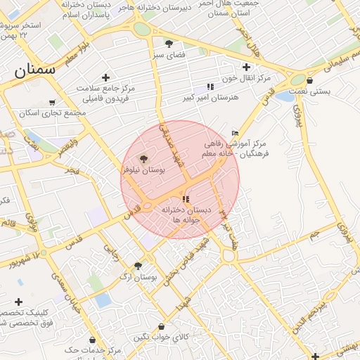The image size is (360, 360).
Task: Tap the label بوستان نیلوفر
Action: pyautogui.click(x=143, y=170)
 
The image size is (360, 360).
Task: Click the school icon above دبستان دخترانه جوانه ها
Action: pyautogui.click(x=186, y=199)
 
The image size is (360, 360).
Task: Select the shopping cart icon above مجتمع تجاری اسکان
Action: pyautogui.click(x=51, y=103)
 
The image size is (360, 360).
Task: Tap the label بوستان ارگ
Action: pyautogui.click(x=137, y=278)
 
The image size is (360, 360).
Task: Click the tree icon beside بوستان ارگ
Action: pyautogui.click(x=137, y=266)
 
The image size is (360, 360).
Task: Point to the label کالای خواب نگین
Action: pyautogui.click(x=162, y=337)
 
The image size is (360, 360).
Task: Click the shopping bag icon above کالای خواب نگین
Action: pyautogui.click(x=162, y=327)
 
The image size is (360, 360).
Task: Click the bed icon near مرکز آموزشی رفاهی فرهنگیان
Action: pyautogui.click(x=235, y=133)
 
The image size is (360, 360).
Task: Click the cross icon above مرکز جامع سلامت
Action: pyautogui.click(x=105, y=77)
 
